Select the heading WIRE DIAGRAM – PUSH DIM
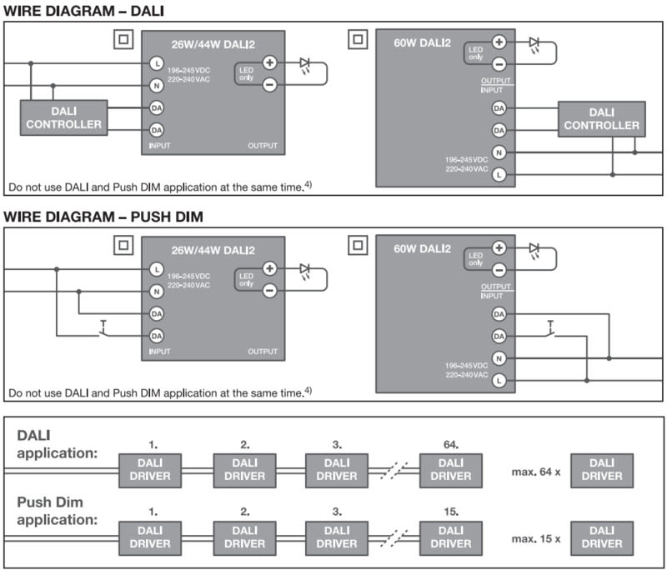(103, 217)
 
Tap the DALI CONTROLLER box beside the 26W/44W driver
(64, 118)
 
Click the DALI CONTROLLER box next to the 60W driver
(601, 118)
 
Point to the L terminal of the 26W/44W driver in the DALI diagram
(156, 63)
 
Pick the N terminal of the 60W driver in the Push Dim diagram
(499, 358)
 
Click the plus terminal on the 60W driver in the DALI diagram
(499, 42)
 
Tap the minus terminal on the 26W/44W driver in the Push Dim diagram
(269, 291)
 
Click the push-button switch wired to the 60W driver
(552, 329)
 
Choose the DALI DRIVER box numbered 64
(450, 469)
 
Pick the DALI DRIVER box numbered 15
(450, 536)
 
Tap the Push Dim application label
(57, 511)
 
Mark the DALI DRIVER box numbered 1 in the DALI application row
(153, 469)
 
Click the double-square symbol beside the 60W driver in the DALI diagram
(357, 40)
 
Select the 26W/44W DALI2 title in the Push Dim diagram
(213, 250)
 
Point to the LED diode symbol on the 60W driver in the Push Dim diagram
(534, 248)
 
